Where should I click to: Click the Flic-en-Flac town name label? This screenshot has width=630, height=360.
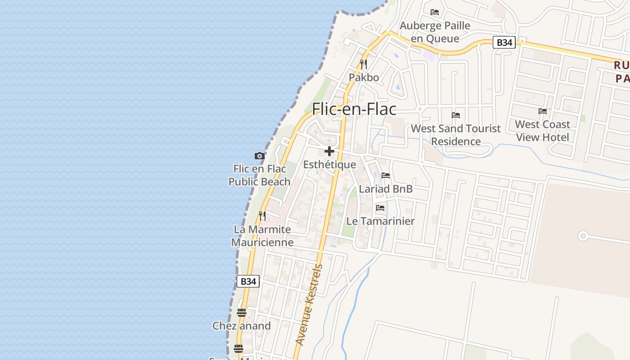(354, 109)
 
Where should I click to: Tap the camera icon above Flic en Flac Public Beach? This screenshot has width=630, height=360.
(259, 156)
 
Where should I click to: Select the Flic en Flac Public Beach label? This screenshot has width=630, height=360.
(259, 175)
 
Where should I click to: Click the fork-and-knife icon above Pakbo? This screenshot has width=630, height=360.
(364, 64)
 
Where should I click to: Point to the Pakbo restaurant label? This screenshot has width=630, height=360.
(364, 77)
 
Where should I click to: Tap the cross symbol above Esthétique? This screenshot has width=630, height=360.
(329, 151)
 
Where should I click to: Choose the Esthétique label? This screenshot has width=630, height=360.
(329, 165)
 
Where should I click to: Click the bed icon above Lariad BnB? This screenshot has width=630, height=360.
(386, 175)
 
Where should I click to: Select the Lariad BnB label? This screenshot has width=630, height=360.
(386, 189)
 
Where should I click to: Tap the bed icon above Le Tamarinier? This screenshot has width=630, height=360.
(380, 208)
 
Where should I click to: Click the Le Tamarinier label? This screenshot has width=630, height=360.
(380, 221)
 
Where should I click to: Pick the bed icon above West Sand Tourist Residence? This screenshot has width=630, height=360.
(456, 115)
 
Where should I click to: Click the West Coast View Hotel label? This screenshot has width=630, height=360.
(542, 130)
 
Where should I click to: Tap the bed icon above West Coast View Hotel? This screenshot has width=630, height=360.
(543, 111)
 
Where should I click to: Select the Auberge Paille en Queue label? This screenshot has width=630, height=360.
(435, 32)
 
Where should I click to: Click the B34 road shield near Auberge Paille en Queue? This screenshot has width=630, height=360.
(504, 43)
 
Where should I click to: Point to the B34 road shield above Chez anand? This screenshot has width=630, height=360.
(248, 281)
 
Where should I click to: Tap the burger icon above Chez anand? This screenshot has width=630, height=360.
(242, 313)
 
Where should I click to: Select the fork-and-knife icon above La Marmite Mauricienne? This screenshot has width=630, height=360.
(262, 216)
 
